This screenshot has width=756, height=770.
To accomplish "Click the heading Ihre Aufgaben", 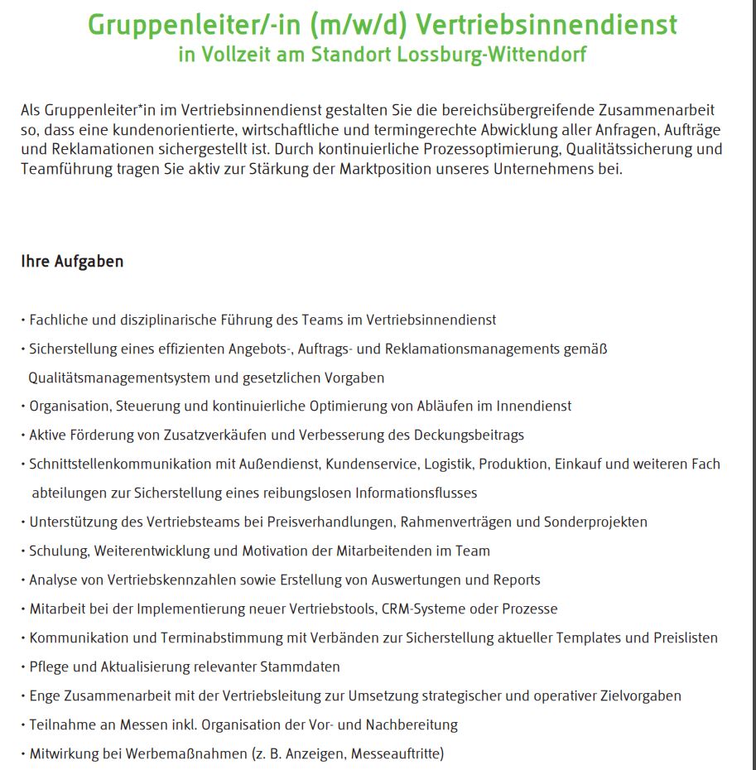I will point(72,262).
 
